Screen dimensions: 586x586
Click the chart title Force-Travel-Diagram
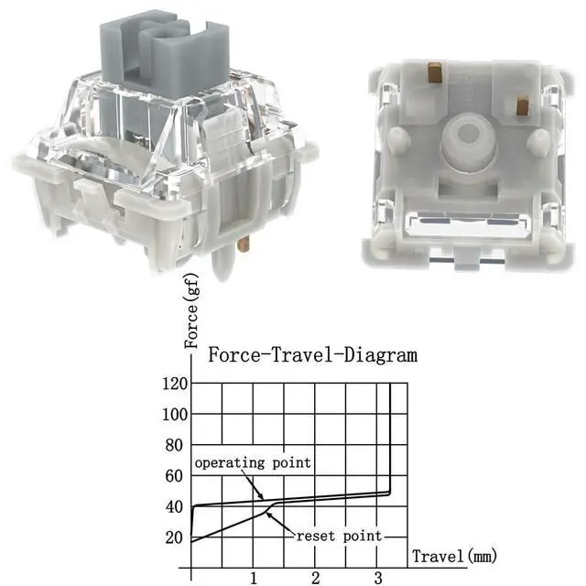click(313, 354)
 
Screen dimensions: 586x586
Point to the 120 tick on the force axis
click(175, 384)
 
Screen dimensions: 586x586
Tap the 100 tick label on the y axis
click(175, 415)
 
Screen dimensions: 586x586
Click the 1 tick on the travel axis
click(254, 578)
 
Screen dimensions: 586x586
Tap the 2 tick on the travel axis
click(316, 578)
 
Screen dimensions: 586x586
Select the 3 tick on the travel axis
click(378, 578)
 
